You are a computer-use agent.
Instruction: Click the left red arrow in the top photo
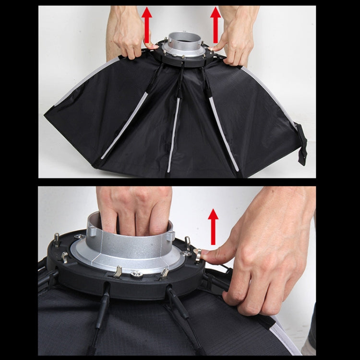(x=147, y=24)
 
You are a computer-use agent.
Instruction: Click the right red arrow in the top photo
(x=216, y=24)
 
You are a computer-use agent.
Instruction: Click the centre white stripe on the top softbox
(x=174, y=134)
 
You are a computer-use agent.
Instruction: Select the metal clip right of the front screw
(x=165, y=273)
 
